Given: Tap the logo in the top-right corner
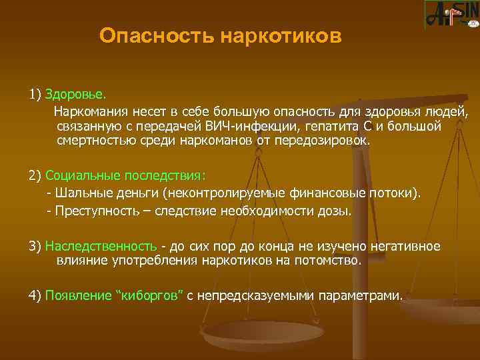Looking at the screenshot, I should pos(451,15).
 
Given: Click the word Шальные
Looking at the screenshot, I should pos(79,193).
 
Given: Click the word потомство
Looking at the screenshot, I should pos(331,261).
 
